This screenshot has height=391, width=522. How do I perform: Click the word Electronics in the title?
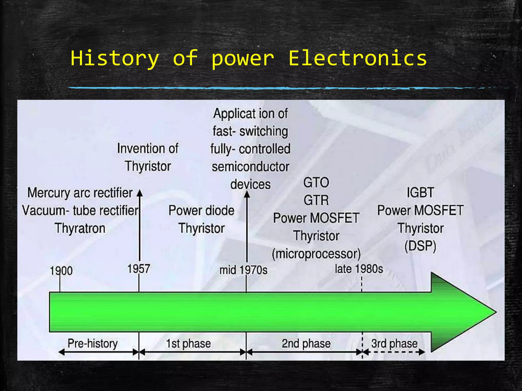click(357, 58)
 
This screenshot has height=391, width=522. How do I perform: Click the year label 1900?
click(61, 271)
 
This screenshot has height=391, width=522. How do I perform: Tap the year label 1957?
click(139, 269)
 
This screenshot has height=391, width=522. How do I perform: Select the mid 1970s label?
click(243, 270)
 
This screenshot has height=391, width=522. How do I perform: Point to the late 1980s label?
click(359, 269)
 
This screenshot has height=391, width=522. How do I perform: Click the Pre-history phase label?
click(93, 343)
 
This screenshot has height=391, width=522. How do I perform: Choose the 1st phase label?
click(188, 343)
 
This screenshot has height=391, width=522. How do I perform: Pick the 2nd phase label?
click(306, 343)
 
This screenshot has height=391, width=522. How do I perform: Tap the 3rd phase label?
click(394, 343)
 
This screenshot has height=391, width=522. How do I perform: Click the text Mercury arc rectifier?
click(80, 193)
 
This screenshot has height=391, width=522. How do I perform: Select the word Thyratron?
click(80, 228)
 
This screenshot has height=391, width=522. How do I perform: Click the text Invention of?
click(148, 148)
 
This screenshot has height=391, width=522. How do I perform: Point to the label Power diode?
click(201, 211)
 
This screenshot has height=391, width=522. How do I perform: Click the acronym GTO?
click(316, 183)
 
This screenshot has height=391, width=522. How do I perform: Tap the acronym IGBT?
click(420, 192)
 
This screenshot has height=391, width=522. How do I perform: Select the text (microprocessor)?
click(316, 254)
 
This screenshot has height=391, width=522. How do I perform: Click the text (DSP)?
click(420, 246)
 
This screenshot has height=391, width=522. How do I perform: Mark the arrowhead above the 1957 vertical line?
click(139, 192)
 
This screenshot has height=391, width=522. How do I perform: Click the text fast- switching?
click(250, 131)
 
